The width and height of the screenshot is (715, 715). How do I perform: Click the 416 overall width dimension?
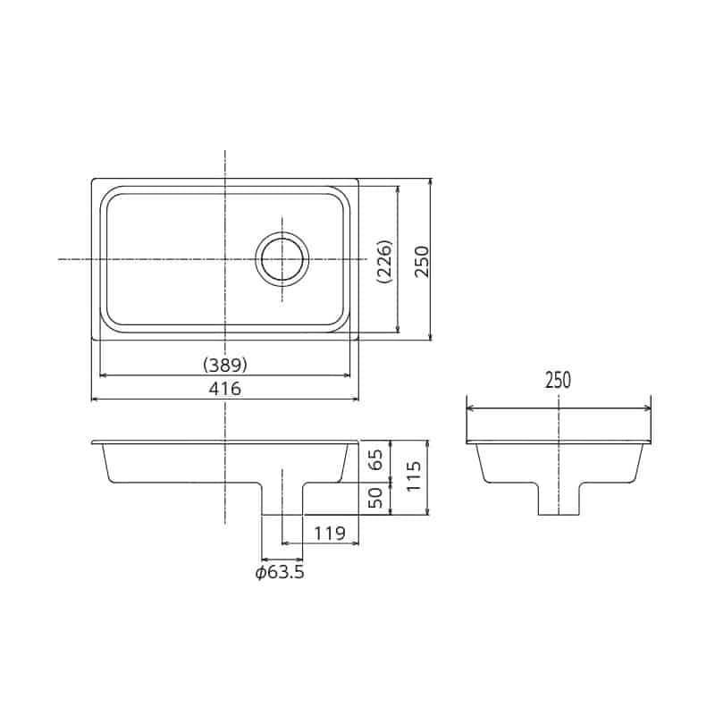(x=225, y=389)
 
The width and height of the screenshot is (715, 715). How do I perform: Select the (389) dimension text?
(x=225, y=365)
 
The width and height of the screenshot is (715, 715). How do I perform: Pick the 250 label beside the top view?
(x=422, y=261)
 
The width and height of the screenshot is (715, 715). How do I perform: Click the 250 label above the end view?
(x=558, y=381)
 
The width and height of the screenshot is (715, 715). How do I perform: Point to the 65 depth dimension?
(x=376, y=460)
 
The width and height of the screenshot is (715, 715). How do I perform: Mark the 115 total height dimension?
(x=413, y=476)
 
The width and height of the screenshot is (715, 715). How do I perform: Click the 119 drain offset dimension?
(x=330, y=533)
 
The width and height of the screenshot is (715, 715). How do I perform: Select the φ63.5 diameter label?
(x=280, y=572)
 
